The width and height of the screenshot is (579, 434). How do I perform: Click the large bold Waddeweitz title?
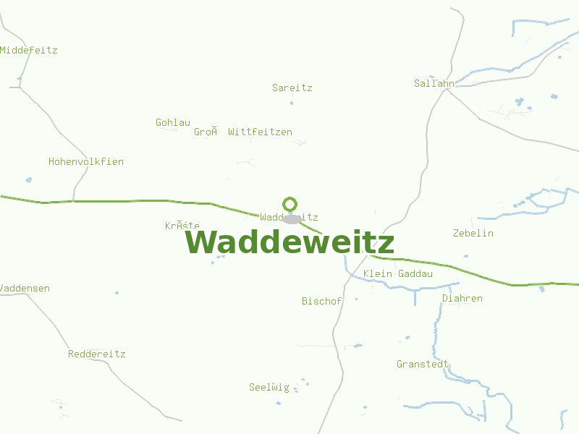pos(289,242)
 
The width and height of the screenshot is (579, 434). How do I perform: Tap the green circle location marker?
pos(289,204)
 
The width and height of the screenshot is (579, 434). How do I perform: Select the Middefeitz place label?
pos(29,51)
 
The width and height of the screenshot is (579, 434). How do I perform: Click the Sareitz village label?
pos(292,88)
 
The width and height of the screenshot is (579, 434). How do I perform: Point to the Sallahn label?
pos(434,83)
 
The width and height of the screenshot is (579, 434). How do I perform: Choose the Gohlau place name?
pos(173,123)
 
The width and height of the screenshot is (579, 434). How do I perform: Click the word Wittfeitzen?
pos(261,132)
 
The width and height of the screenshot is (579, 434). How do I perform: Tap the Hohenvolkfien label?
pos(86,162)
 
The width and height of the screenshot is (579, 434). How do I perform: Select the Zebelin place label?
pos(473,234)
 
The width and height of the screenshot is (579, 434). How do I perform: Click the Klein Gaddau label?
pos(398,274)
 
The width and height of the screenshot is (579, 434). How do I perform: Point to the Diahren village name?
pos(462,299)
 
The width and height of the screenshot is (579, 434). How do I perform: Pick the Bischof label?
pos(321,302)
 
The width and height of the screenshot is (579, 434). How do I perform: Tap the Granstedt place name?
pos(423,365)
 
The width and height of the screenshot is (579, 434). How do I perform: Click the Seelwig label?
pos(269,388)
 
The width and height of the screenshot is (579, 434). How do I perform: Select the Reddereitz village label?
pos(97,354)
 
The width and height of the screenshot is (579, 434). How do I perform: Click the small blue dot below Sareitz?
pos(292,103)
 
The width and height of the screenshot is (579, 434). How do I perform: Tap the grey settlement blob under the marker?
pos(292,219)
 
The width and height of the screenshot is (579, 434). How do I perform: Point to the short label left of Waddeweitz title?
pos(182,226)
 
